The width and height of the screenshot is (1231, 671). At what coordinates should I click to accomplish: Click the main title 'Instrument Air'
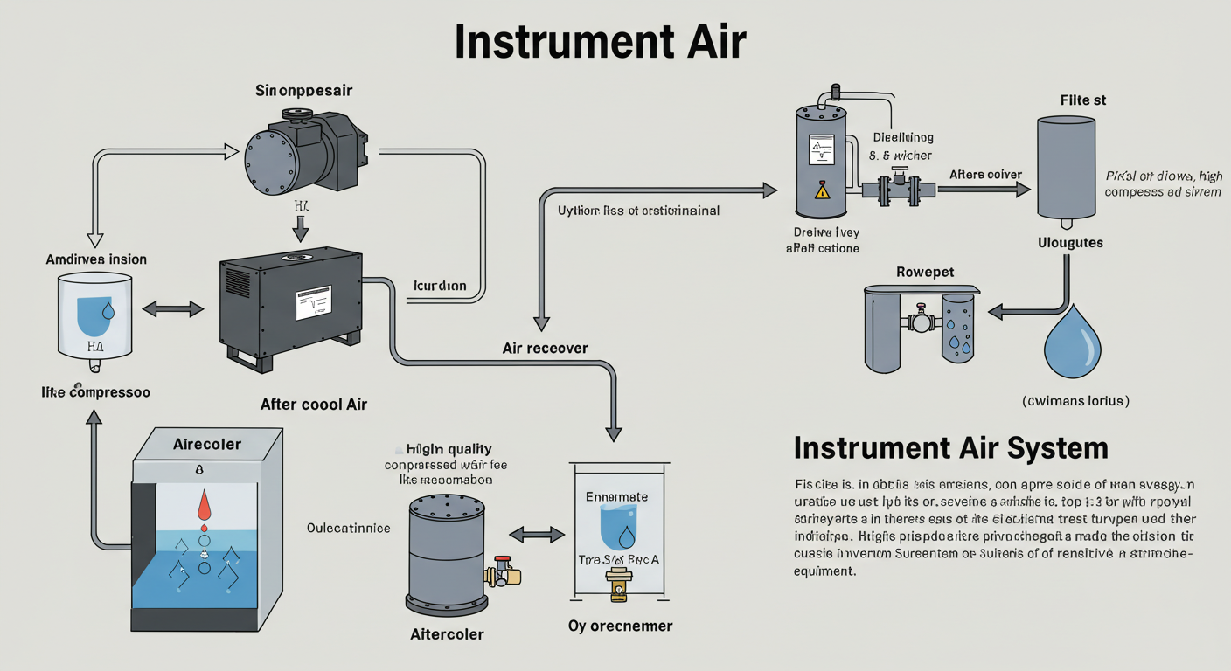[x=600, y=41]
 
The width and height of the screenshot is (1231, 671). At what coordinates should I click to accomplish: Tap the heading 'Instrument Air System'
[x=950, y=448]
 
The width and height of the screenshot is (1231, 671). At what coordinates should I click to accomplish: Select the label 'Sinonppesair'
[x=303, y=91]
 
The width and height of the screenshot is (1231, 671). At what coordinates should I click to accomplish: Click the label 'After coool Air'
[x=314, y=404]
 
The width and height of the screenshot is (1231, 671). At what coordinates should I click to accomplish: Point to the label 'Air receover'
[x=545, y=348]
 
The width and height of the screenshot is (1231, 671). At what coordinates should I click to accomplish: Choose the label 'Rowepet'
[x=925, y=272]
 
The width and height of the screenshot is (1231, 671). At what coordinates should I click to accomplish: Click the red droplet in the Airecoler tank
[x=205, y=506]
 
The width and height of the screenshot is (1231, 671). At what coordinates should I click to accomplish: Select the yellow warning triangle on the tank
[x=822, y=190]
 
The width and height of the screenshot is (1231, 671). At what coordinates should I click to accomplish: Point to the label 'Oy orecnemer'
[x=620, y=626]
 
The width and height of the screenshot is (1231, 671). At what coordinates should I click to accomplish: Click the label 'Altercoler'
[x=447, y=634]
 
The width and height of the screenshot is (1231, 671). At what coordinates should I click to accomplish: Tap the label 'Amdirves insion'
[x=96, y=259]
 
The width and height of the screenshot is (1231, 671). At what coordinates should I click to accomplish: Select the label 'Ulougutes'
[x=1070, y=242]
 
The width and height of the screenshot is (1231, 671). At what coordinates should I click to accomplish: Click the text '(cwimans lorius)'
[x=1075, y=401]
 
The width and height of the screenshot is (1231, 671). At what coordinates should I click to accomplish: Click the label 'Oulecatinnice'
[x=349, y=529]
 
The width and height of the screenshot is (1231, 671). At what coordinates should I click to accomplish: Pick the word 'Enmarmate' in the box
[x=617, y=496]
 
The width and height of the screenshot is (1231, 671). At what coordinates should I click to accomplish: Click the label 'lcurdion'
[x=439, y=286]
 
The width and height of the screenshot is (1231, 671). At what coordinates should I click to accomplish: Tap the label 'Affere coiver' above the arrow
[x=985, y=175]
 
